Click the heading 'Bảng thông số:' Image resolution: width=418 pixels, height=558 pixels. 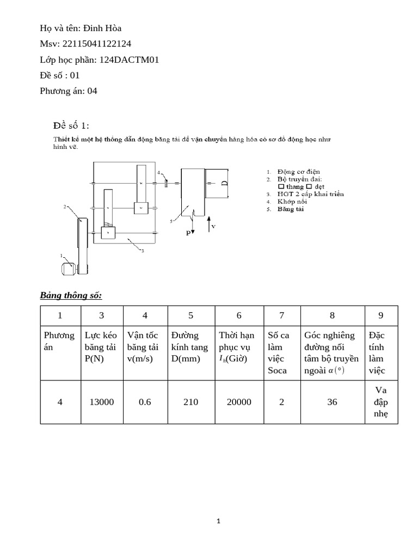coord(71,295)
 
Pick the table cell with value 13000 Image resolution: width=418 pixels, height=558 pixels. coord(102,402)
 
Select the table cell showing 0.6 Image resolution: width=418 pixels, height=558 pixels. coord(145,402)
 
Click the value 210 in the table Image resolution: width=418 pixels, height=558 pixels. coord(190,402)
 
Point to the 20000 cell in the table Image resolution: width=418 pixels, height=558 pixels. coord(239,402)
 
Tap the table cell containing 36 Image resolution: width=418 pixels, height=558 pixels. coord(333,402)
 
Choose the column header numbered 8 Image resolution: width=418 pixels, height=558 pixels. coord(333,315)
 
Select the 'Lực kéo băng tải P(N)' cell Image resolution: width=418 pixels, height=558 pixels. coord(102,347)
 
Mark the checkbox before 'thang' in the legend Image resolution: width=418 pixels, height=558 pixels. coord(281,186)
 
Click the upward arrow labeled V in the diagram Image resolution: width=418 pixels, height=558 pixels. coord(210,223)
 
